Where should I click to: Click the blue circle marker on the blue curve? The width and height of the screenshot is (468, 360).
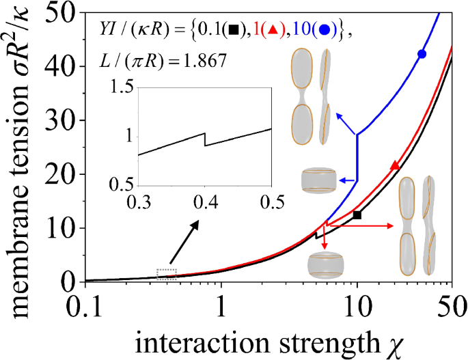[x=422, y=54]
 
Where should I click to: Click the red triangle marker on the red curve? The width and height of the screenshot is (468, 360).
[x=394, y=165]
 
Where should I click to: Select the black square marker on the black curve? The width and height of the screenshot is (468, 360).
[x=357, y=214]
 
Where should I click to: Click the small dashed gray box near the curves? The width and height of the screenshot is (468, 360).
[x=166, y=273]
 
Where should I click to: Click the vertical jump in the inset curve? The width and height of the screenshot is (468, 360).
[x=204, y=139]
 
